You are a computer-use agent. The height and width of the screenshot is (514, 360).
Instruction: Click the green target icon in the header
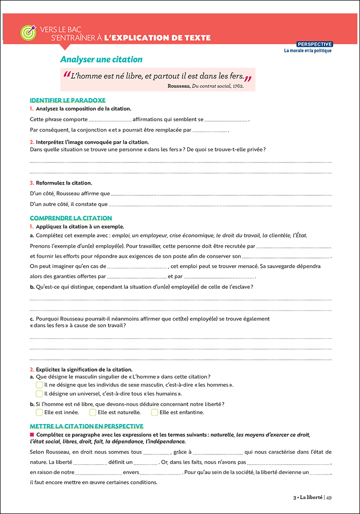point(27,32)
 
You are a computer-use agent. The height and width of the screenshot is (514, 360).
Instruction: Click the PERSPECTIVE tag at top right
point(315,44)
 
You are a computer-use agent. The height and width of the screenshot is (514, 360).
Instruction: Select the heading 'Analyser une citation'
point(101,60)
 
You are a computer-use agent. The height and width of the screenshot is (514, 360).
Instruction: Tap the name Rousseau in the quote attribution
point(179,86)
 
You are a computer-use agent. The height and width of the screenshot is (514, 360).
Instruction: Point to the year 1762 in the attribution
point(237,86)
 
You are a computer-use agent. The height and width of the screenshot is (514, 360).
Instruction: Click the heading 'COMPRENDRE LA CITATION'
point(71,218)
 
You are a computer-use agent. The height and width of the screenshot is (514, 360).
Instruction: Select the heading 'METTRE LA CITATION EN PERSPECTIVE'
point(86,426)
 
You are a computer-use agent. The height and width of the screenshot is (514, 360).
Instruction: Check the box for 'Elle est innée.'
point(39,412)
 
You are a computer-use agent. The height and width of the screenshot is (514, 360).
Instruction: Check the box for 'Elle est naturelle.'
point(93,412)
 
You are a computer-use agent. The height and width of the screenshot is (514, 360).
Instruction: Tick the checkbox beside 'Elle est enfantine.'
point(154,412)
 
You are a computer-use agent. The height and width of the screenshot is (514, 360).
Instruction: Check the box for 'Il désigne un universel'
point(39,394)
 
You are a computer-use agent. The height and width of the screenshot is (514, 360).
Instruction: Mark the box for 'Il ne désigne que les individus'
point(39,384)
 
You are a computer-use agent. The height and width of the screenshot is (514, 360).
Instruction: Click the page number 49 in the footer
point(329,497)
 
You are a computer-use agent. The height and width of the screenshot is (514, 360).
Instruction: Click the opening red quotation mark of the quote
point(66,76)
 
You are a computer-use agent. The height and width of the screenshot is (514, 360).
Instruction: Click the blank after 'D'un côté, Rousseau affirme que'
point(221,195)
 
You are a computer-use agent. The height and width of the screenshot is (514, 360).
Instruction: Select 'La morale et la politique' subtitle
point(308,50)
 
